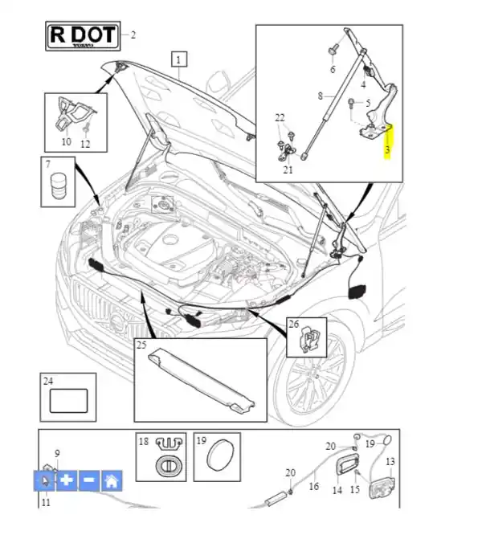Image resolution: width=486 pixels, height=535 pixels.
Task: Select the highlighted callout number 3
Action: click(x=387, y=149)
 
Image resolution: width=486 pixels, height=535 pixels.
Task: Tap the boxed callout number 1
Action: click(x=178, y=59)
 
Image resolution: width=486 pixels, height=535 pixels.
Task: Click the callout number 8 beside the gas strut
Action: click(x=319, y=96)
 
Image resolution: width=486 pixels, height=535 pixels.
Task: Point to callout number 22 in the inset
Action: click(x=280, y=118)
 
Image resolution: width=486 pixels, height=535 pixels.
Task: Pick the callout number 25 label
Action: click(x=141, y=345)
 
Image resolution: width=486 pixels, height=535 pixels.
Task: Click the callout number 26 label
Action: click(x=293, y=325)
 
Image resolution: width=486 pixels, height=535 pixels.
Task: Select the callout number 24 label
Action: click(x=48, y=381)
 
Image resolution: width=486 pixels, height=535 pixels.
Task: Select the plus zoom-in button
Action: click(x=67, y=480)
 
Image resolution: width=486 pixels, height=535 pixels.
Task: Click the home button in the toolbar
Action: click(x=112, y=480)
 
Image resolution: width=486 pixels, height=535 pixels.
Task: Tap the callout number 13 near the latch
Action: click(x=391, y=462)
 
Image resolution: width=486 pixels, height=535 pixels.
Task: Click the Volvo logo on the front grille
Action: click(x=118, y=324)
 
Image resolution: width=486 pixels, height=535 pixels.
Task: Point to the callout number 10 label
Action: click(x=66, y=142)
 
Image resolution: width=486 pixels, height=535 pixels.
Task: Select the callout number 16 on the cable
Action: click(x=315, y=487)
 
